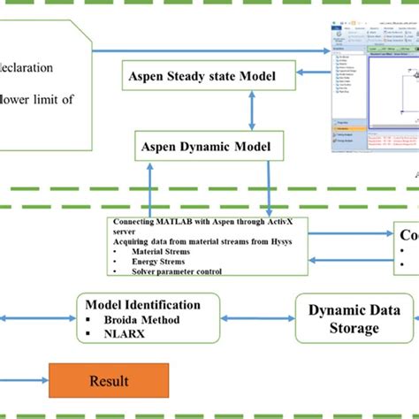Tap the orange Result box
pos(109,382)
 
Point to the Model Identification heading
pos(150,305)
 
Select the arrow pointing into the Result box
pos(27,381)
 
